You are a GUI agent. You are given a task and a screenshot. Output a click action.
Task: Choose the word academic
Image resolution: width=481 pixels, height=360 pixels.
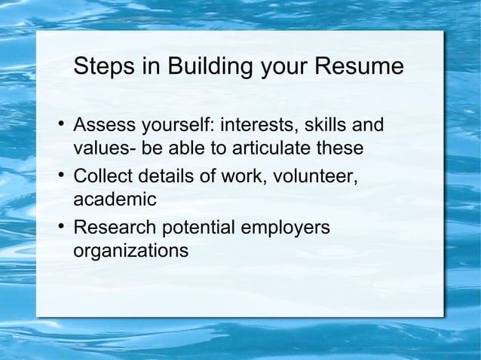115,200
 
